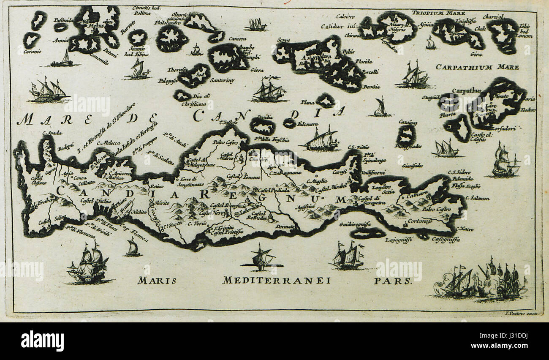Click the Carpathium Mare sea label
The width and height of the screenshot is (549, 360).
coord(477,67)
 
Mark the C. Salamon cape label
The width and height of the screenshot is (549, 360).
coord(478,198)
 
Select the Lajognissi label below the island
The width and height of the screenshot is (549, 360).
coord(399,240)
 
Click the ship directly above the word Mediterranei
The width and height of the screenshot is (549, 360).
coord(261,258)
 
